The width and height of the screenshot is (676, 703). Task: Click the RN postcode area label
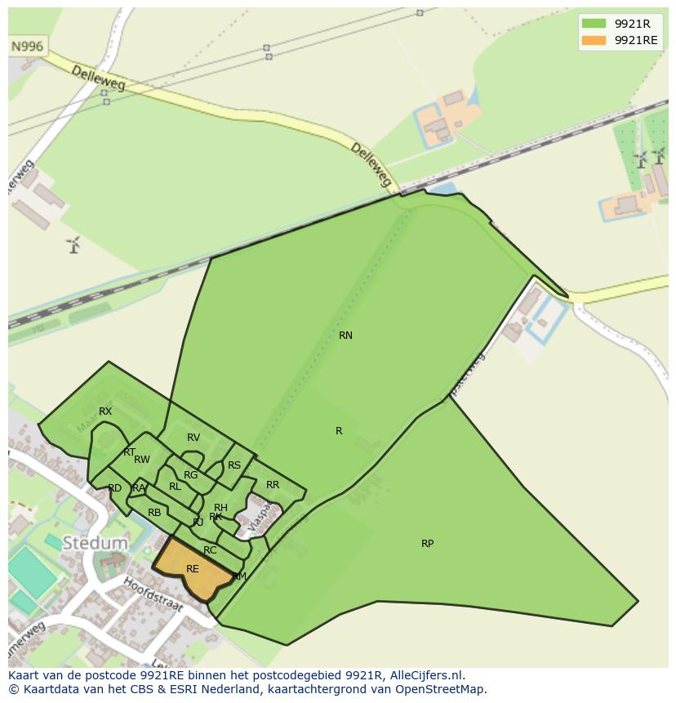point(345,336)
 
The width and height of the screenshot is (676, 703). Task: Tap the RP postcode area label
point(427,544)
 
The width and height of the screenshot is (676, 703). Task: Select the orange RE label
point(193,569)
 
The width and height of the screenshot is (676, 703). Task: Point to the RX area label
point(105,412)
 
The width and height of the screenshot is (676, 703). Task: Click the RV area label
point(193,438)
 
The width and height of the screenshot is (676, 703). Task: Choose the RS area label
point(234,465)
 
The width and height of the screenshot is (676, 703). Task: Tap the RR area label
point(273,485)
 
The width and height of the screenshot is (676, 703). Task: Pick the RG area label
point(191,475)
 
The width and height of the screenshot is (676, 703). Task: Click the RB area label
point(154,513)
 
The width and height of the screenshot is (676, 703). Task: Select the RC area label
point(210,550)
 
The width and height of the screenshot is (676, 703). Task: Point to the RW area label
point(142,460)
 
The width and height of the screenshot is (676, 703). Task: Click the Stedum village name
point(96,543)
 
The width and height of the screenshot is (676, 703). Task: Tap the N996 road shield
point(27,47)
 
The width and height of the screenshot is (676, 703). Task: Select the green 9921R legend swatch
point(594,23)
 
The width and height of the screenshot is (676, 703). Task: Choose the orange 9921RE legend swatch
point(594,40)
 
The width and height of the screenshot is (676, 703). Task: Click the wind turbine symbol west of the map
point(74,244)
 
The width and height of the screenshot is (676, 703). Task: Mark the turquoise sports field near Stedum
point(32,572)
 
